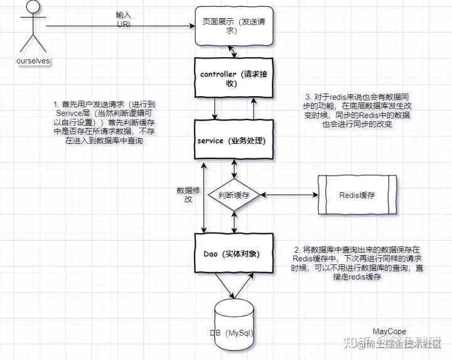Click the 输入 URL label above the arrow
tap(123, 18)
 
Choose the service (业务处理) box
tap(233, 140)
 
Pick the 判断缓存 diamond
tap(234, 195)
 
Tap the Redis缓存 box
tap(357, 195)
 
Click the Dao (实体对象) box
tap(233, 254)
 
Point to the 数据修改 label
tap(188, 195)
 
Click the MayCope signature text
tap(389, 331)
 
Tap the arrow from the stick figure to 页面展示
tap(119, 26)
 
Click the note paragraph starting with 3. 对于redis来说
tap(352, 111)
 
